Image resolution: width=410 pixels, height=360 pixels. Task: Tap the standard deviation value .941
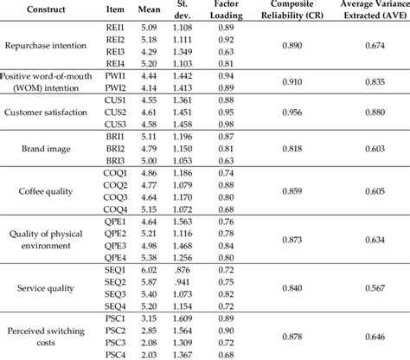tap(204, 282)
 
